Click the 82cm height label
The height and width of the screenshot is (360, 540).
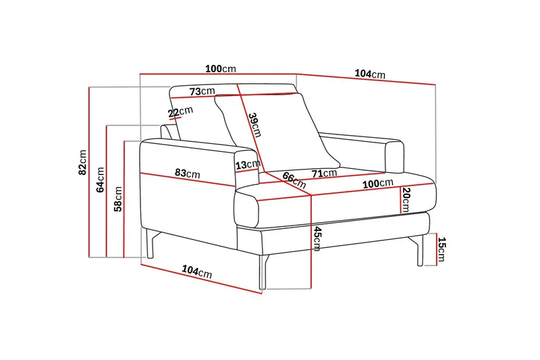pos(82,162)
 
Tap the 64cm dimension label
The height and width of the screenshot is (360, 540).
pos(100,180)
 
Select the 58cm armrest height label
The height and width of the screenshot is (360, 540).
pos(118,199)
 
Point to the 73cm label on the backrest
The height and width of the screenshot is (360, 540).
pos(202,91)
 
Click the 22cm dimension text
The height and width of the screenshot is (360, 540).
pos(180,111)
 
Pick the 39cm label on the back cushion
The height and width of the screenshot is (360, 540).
pos(255,125)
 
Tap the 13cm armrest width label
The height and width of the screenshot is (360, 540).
pos(248,165)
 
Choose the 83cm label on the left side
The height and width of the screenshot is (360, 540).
pos(188,173)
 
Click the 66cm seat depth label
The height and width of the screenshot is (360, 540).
pos(294,180)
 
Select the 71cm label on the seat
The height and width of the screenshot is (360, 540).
pos(325,174)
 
